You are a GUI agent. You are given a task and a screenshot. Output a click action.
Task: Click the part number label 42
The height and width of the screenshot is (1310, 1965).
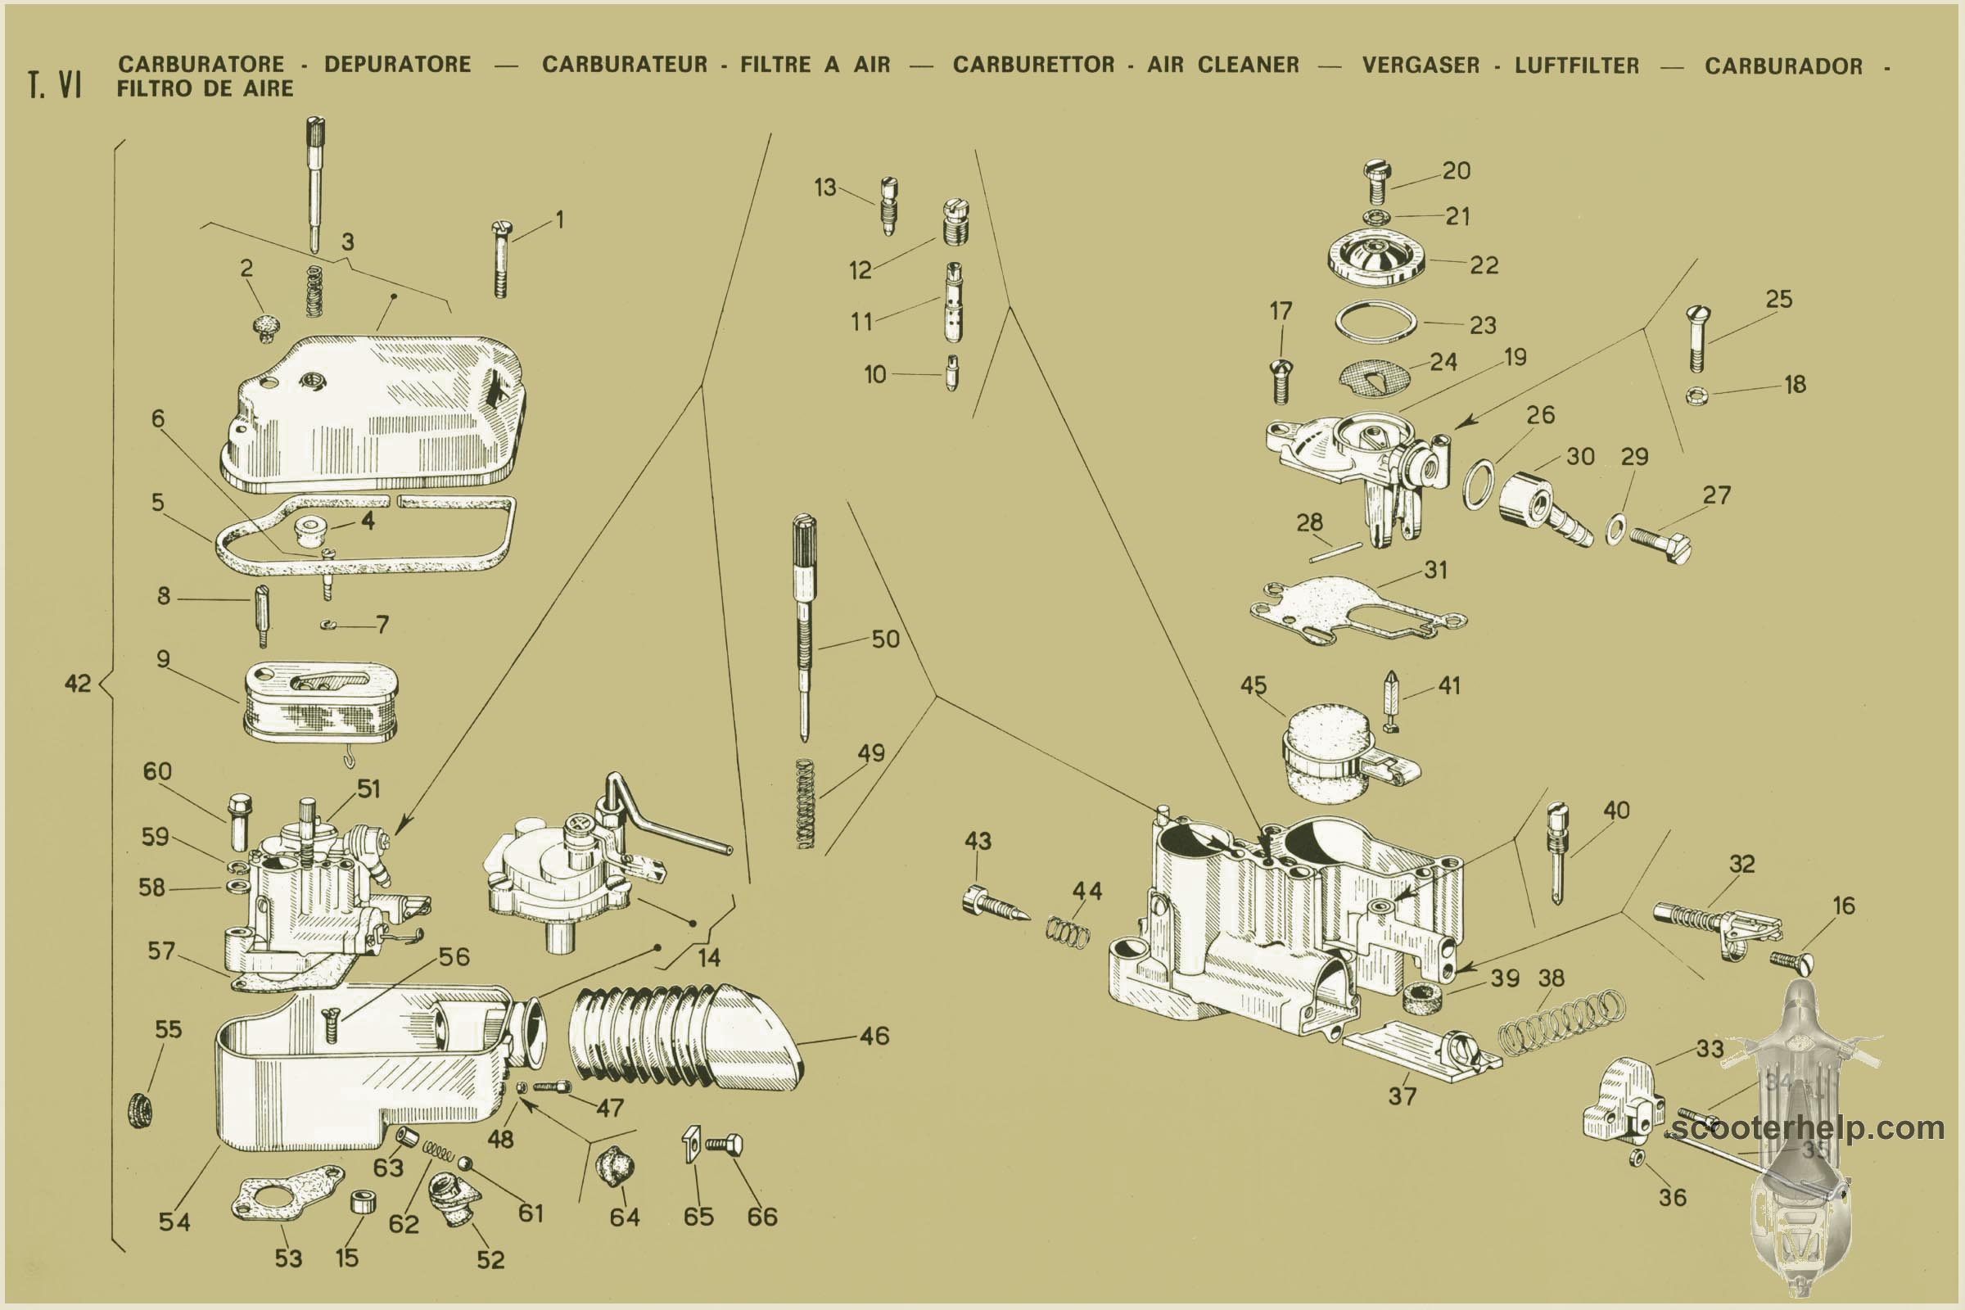coord(78,684)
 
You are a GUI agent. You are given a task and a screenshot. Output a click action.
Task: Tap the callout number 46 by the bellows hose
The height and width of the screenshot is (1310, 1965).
coord(874,1036)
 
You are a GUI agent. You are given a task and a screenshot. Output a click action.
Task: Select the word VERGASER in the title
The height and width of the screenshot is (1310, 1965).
coord(1421,65)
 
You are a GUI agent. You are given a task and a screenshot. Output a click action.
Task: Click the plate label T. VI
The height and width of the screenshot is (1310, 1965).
coord(54,84)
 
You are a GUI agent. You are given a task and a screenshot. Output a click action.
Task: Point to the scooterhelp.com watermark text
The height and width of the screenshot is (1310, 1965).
coord(1806,1128)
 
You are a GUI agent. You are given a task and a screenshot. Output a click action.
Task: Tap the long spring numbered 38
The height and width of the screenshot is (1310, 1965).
coord(1562,1022)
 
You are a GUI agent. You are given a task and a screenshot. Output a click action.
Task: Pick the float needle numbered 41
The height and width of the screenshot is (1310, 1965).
coord(1391,700)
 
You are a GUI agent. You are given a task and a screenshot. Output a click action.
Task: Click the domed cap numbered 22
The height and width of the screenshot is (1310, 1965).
coord(1376,259)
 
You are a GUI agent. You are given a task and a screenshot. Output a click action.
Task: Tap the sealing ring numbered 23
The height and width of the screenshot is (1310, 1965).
coord(1376,322)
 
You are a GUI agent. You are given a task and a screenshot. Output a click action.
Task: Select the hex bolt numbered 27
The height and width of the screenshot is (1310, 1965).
coord(1661,543)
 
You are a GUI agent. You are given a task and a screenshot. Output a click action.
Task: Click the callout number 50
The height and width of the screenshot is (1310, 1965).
coord(885,639)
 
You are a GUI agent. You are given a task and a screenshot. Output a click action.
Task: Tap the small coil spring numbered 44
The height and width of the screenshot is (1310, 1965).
coord(1068,933)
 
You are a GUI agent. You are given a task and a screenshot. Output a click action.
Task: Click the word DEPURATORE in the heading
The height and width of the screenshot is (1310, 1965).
coord(398,65)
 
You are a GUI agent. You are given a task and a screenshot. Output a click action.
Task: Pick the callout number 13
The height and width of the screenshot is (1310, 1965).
coord(824,187)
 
